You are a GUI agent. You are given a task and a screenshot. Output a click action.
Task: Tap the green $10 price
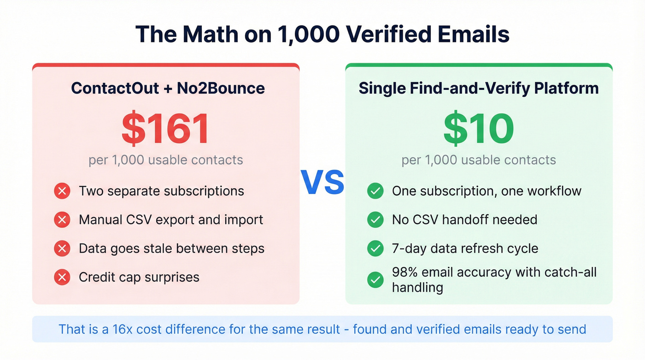[479, 129]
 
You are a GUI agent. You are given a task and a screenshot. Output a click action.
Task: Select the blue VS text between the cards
[322, 182]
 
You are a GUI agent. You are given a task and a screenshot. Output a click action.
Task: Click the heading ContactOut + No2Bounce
[168, 88]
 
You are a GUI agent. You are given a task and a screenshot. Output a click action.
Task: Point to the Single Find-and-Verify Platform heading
[479, 88]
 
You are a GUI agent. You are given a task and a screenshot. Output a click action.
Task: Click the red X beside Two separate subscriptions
[62, 191]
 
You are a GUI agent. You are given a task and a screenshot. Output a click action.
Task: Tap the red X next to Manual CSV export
[62, 220]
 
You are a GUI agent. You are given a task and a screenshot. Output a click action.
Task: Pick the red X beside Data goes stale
[62, 249]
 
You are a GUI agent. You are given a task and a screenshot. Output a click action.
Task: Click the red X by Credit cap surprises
[62, 277]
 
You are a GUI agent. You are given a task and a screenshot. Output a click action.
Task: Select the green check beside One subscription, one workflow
[375, 191]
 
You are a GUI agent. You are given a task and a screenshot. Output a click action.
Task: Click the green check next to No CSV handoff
[375, 220]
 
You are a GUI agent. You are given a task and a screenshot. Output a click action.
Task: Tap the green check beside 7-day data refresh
[375, 249]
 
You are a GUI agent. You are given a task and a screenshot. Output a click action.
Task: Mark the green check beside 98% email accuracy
[375, 279]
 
